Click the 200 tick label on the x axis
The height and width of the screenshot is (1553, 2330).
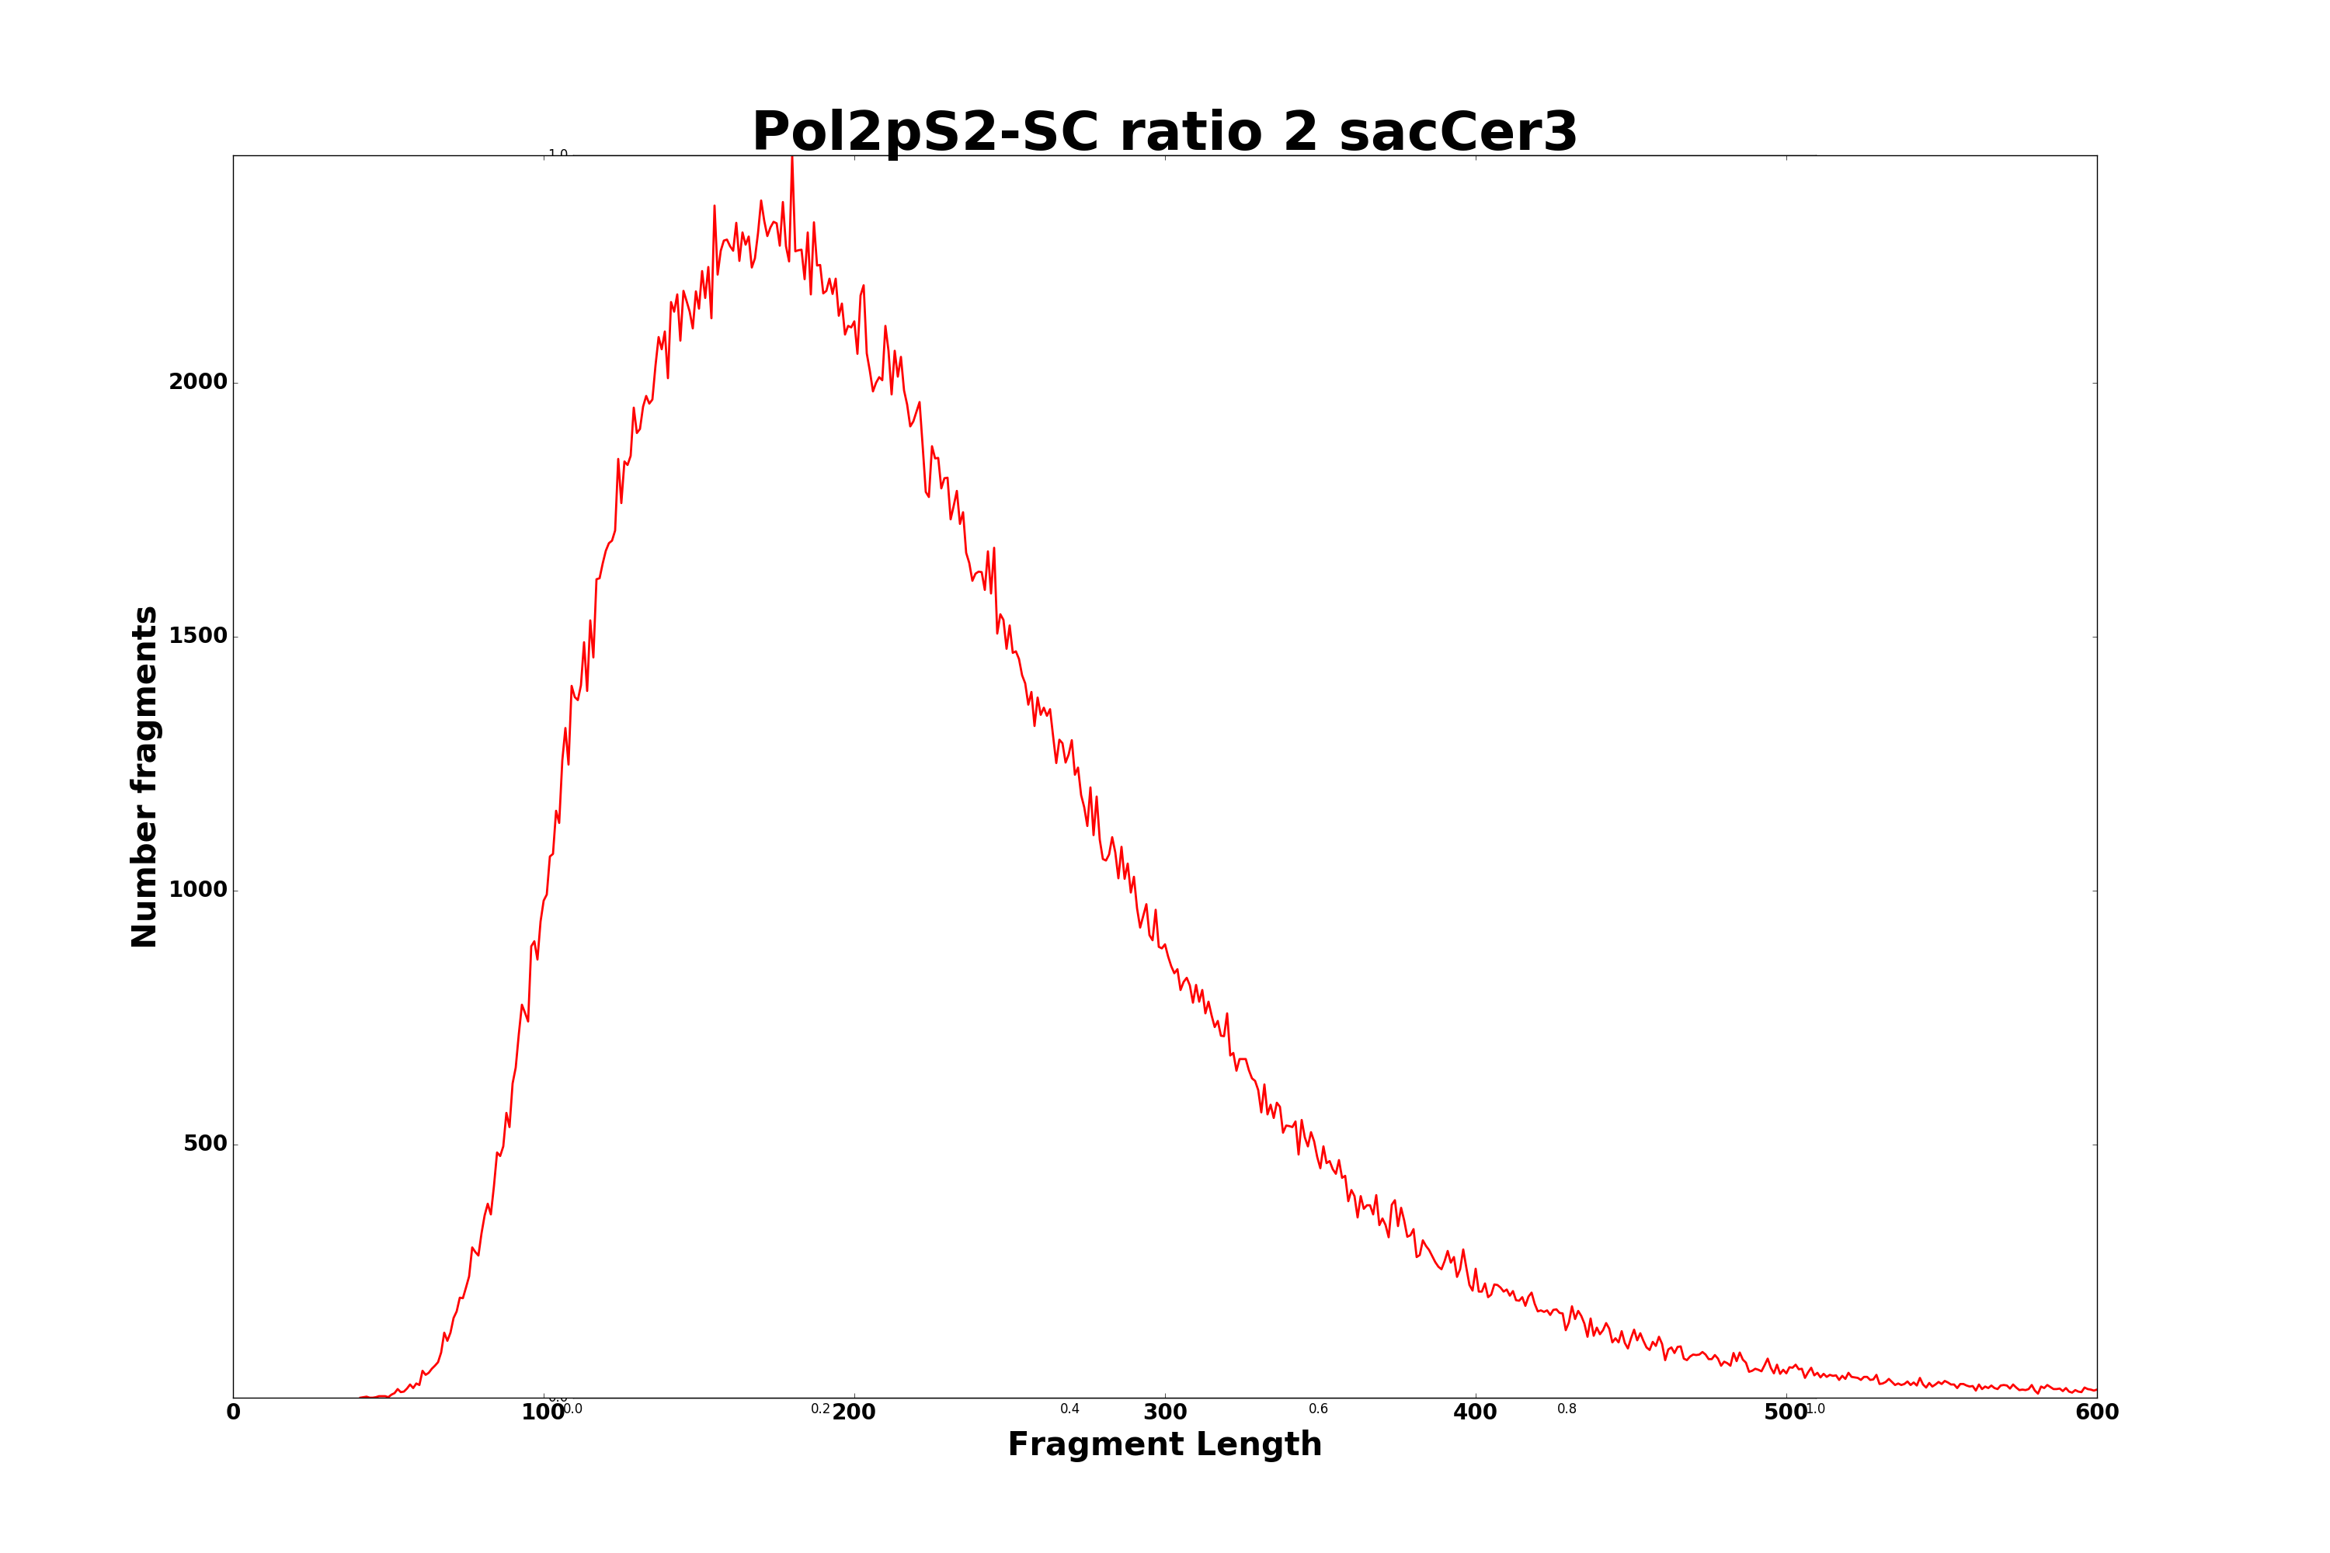tap(854, 1413)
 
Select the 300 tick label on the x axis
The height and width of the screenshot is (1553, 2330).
tap(1165, 1413)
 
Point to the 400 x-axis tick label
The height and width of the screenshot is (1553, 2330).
tap(1475, 1413)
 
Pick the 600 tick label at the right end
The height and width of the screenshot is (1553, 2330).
tap(2096, 1413)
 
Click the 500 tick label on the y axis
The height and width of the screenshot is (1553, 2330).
tap(205, 1144)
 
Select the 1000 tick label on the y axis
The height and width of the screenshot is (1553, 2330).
tap(198, 891)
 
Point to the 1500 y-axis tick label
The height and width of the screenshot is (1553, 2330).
tap(198, 636)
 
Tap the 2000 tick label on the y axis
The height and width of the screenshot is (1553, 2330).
tap(198, 382)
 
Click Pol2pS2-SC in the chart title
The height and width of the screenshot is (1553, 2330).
tap(925, 133)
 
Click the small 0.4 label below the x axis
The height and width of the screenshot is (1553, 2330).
tap(1070, 1409)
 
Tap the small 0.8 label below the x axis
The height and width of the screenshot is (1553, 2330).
tap(1567, 1409)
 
